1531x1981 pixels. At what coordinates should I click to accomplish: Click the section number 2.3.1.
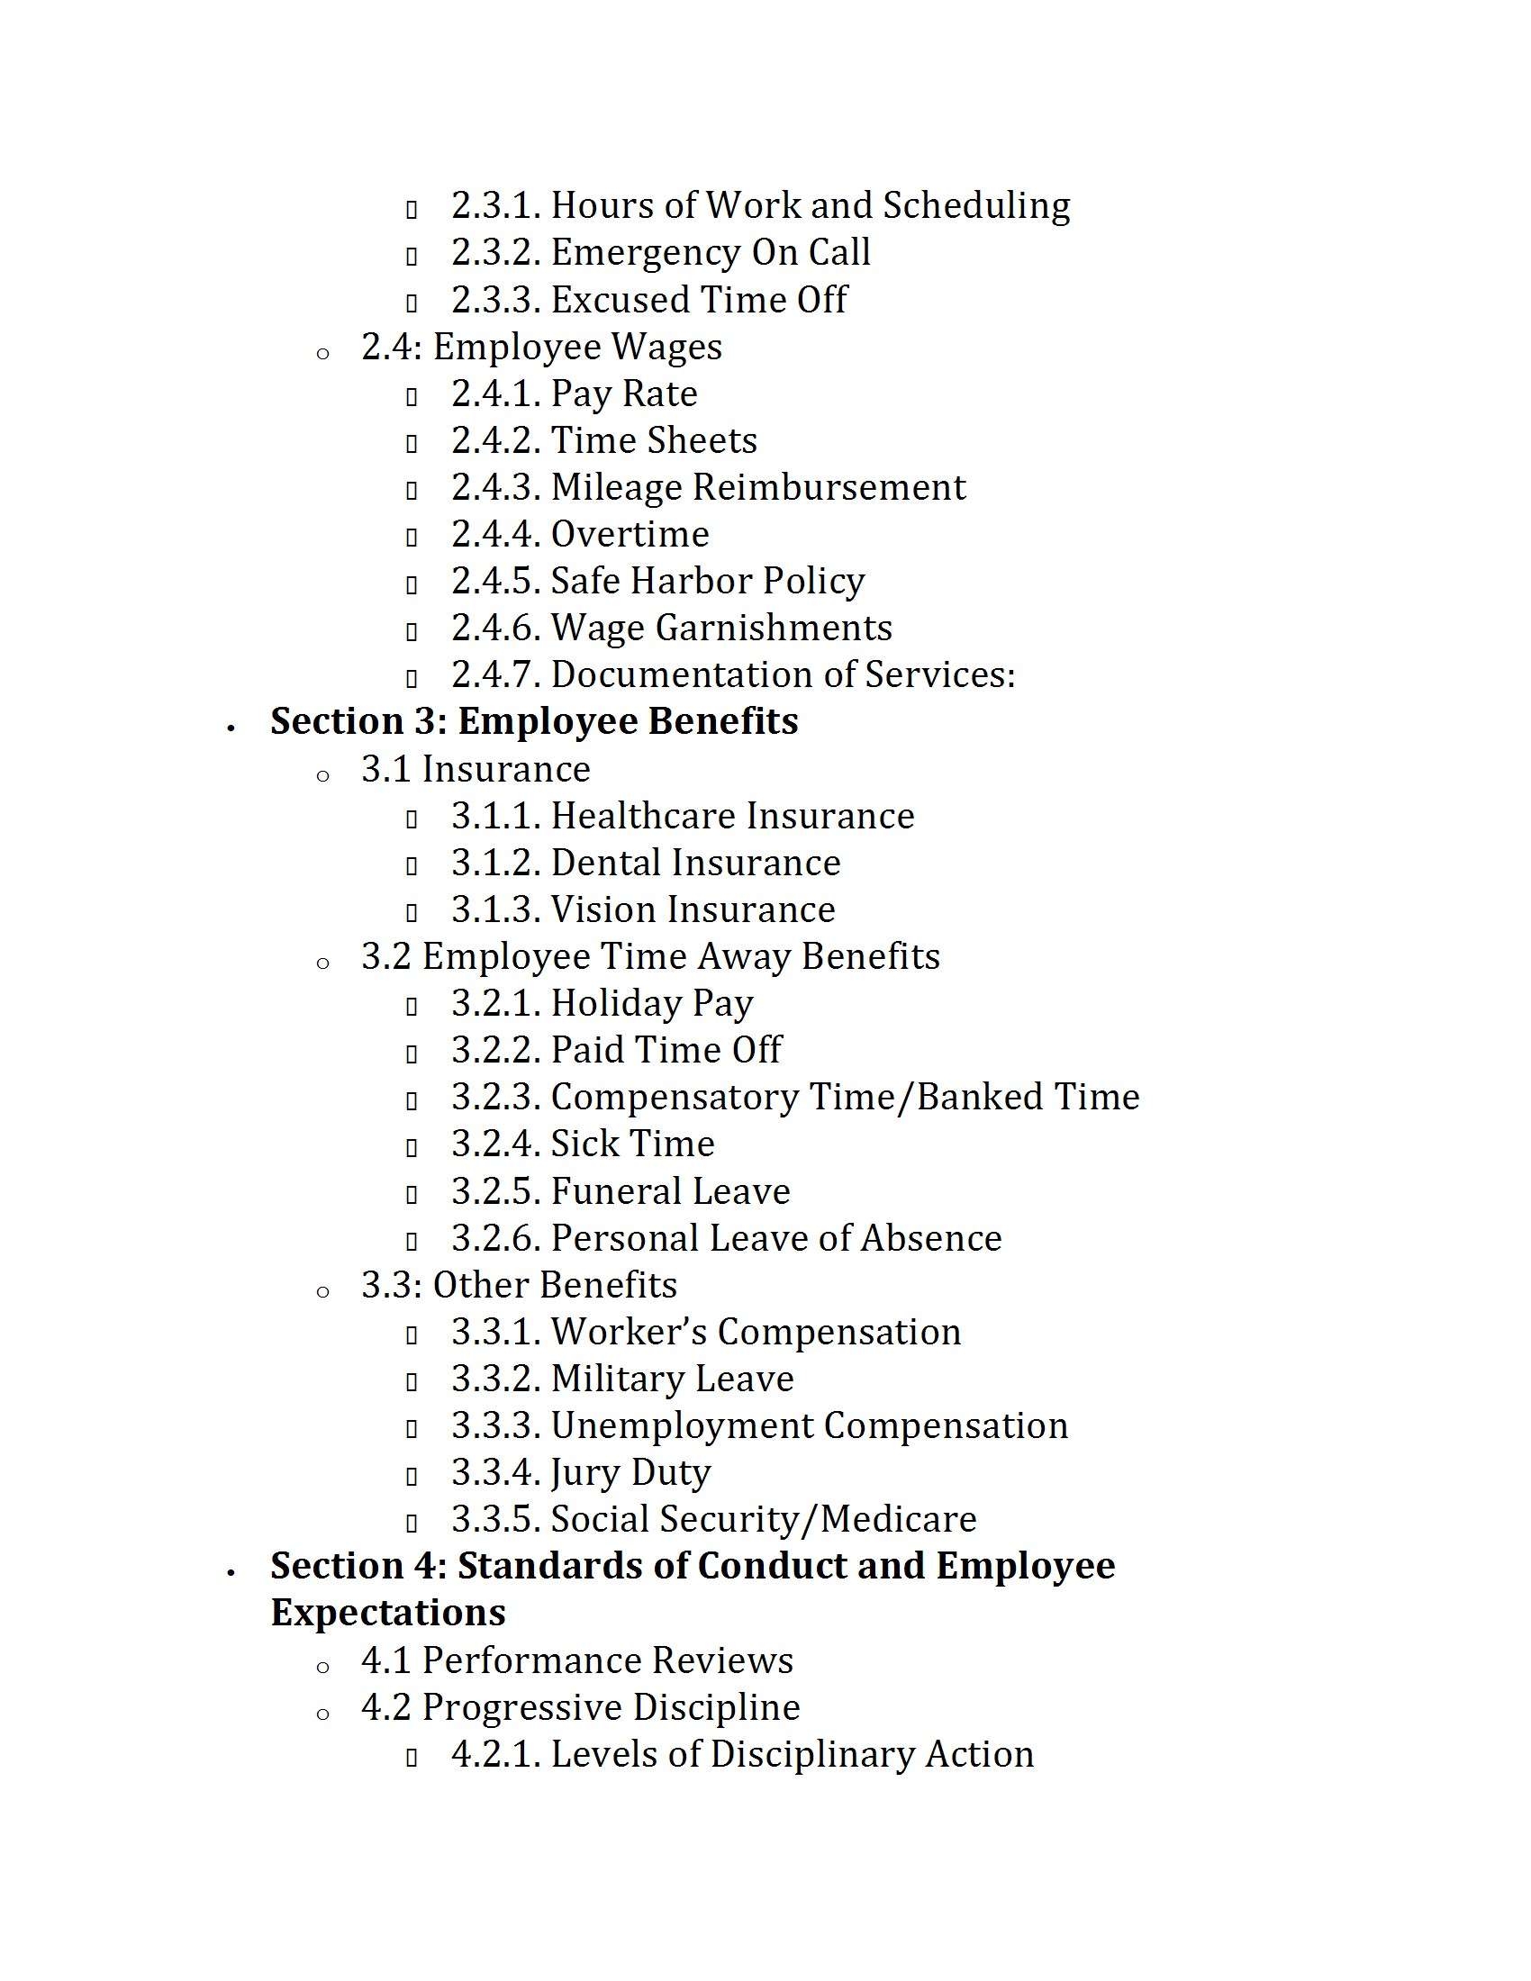[x=496, y=206]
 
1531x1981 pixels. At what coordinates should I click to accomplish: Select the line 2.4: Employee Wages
[x=541, y=347]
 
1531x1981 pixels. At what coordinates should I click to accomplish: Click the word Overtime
[x=630, y=534]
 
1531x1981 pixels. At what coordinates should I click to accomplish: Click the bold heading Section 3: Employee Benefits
[x=534, y=721]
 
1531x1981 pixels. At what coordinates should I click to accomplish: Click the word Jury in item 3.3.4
[x=584, y=1473]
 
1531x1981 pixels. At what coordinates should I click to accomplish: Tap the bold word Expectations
[x=388, y=1613]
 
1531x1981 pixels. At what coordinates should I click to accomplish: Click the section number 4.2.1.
[x=496, y=1754]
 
